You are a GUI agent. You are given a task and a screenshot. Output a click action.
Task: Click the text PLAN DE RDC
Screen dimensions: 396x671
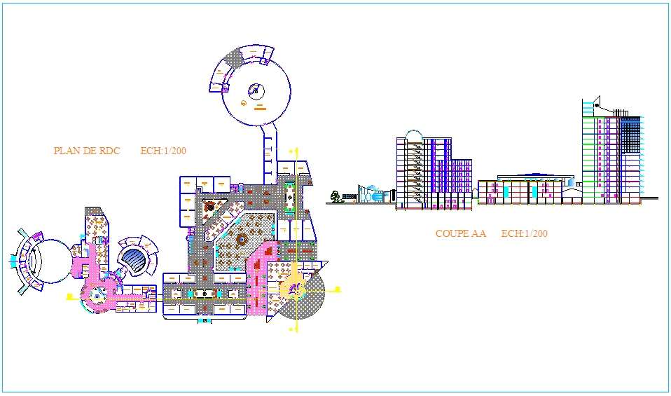point(87,151)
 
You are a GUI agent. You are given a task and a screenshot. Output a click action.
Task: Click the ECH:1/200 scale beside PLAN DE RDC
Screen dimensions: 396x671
point(163,151)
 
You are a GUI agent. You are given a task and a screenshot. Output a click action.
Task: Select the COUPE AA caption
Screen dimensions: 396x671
point(460,233)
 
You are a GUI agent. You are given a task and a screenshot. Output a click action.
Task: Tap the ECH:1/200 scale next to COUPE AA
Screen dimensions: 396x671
point(524,233)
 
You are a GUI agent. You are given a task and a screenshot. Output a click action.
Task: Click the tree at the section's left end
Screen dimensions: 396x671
point(336,196)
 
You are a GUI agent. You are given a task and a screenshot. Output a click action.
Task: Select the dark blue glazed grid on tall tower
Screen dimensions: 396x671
point(630,135)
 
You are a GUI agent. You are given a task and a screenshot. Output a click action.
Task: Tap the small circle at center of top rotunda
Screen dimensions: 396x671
point(256,89)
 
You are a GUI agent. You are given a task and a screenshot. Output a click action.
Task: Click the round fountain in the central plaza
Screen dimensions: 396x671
point(241,240)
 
